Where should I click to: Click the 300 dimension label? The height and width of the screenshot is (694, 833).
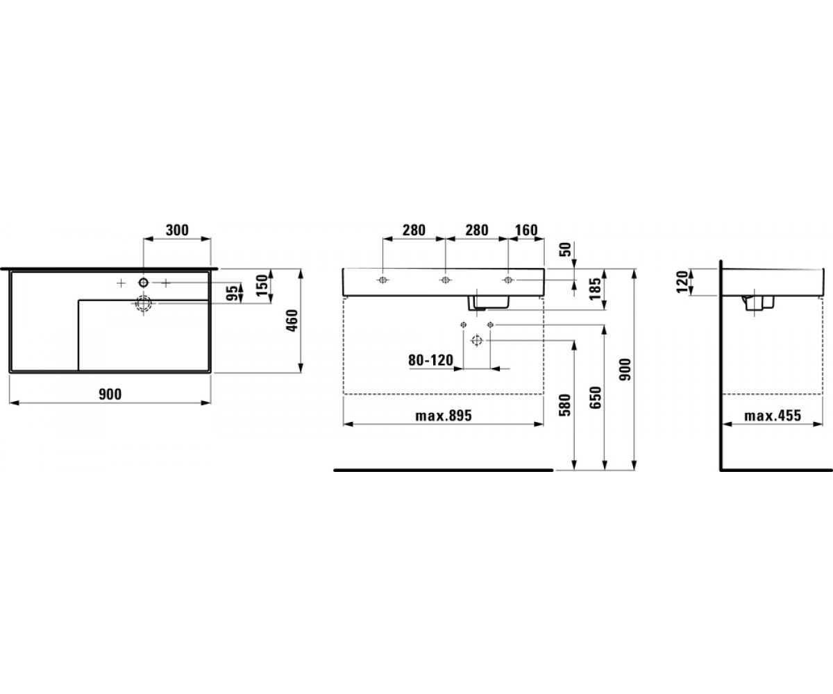(x=177, y=230)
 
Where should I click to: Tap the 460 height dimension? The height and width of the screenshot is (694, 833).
(x=292, y=320)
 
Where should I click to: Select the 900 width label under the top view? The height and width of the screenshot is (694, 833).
(x=110, y=394)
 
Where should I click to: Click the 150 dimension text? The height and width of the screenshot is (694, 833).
(x=262, y=285)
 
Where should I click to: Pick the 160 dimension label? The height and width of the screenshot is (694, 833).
(x=526, y=230)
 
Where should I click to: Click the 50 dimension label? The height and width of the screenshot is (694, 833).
(x=566, y=250)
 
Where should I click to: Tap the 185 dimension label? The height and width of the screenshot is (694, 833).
(x=595, y=289)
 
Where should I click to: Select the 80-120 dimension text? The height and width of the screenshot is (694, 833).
(x=431, y=361)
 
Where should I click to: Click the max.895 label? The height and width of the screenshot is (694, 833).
(x=444, y=416)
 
